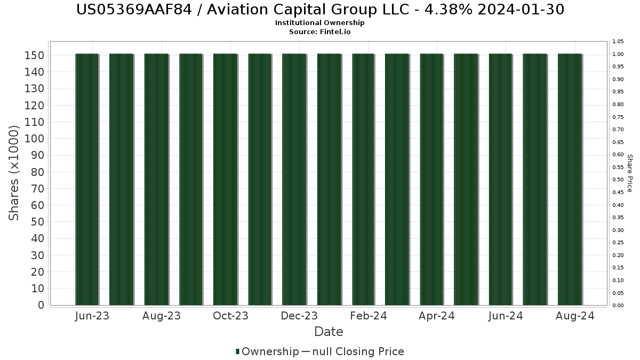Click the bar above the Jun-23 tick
coord(87,179)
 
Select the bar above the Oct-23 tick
coord(225,179)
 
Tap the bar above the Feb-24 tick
coord(363,179)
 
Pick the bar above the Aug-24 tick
coord(570,179)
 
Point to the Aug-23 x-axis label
coord(162,316)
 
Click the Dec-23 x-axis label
coord(300,316)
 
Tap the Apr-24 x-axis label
coord(436,316)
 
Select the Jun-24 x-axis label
coord(505,316)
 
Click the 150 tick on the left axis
coord(35,55)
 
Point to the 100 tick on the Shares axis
coord(35,139)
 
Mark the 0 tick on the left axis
coord(41,305)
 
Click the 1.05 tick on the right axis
coord(618,42)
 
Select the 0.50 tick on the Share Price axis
coord(618,180)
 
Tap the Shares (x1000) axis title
coord(14,173)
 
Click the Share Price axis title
coord(629,173)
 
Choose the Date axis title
coord(329,332)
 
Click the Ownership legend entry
coord(267,351)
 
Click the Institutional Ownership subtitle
coord(320,23)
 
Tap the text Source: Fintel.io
coord(320,31)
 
